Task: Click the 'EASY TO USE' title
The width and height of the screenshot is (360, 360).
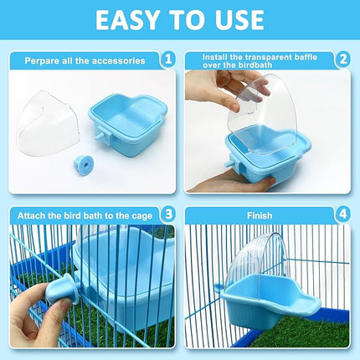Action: point(180,21)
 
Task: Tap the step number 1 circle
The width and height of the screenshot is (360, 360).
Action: point(167,59)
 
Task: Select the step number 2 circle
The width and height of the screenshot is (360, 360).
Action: point(343,59)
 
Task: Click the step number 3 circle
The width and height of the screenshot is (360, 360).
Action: point(167,215)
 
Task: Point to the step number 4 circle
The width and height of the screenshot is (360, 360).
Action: point(343,215)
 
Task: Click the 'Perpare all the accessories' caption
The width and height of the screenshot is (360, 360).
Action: point(84,60)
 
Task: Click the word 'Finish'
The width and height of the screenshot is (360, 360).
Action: point(260,215)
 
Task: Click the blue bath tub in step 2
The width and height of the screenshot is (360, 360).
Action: point(268,151)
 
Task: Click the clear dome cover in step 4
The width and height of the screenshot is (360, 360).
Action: point(260,260)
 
